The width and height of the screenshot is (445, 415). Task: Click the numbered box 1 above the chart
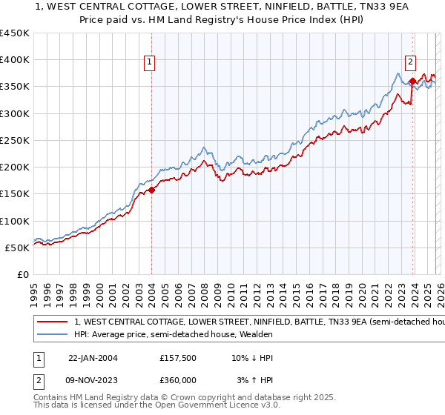tap(151, 63)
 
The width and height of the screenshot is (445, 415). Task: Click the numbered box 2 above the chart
tap(410, 63)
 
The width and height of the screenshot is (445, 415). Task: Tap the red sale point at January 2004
tap(151, 190)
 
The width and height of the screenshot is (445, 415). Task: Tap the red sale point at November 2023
tap(412, 81)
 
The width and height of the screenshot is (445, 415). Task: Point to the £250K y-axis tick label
tap(15, 140)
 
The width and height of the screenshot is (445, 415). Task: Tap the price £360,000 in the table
tap(178, 379)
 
